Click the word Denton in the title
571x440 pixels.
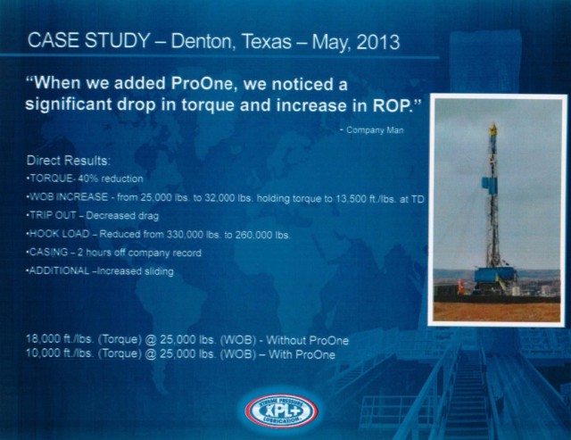point(201,41)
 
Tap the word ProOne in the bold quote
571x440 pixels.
point(202,83)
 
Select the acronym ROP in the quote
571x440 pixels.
point(391,105)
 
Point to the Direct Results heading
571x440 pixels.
point(68,161)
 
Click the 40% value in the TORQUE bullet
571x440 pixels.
point(88,178)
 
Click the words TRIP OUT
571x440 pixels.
point(53,215)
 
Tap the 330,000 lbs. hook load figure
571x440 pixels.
point(194,234)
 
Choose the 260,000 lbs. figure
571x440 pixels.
point(262,235)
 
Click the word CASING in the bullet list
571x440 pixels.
point(48,252)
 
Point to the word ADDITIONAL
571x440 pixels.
point(59,270)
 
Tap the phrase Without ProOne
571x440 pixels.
point(307,340)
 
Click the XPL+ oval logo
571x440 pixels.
point(281,411)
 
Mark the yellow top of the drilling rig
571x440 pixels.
point(493,129)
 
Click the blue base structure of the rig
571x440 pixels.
point(496,276)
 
